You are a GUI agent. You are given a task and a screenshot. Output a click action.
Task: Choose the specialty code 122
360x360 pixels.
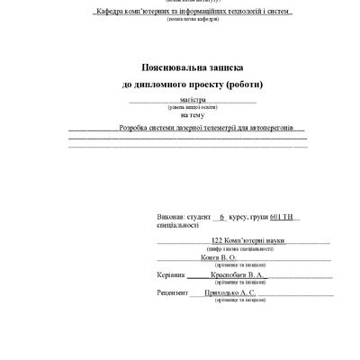(216, 241)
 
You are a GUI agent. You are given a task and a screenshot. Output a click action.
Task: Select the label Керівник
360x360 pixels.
(170, 274)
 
